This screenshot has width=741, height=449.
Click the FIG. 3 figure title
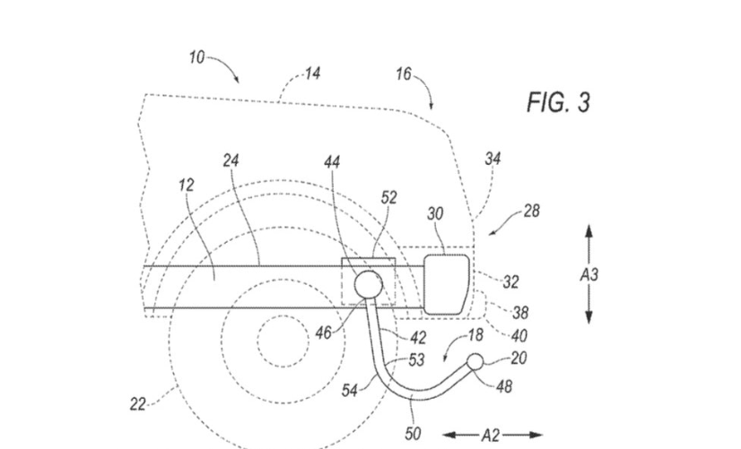tap(558, 102)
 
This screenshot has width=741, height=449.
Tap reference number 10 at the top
tap(196, 57)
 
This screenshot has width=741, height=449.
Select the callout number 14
tap(312, 73)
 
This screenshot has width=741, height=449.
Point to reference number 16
tap(404, 73)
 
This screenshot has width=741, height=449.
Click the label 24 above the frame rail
tap(231, 161)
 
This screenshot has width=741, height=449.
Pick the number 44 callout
tap(332, 162)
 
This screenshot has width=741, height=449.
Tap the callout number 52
tap(389, 198)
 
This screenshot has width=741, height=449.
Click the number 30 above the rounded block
tap(435, 214)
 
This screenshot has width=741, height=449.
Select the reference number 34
tap(493, 159)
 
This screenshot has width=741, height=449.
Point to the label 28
tap(532, 211)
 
